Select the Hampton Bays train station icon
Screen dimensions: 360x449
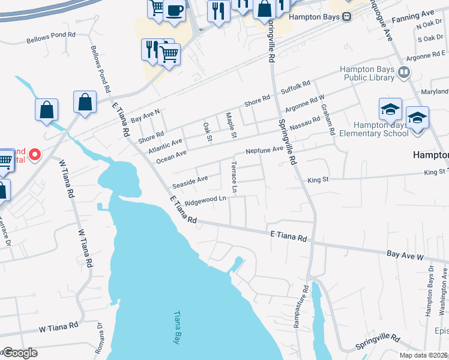[347, 17]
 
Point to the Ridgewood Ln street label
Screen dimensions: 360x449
[205, 200]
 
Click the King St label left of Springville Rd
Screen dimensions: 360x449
[318, 179]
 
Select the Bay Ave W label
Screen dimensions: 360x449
[405, 255]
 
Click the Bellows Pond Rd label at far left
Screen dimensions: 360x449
[51, 38]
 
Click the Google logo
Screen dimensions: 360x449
[19, 353]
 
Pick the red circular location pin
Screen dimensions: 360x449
[34, 155]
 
